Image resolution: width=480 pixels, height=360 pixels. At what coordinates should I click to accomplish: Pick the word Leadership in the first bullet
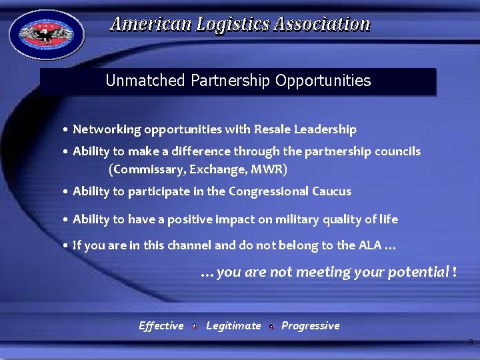pyautogui.click(x=327, y=129)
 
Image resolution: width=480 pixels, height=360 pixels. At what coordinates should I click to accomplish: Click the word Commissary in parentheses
pyautogui.click(x=147, y=169)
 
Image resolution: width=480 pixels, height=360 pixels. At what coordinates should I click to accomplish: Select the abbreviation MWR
pyautogui.click(x=267, y=169)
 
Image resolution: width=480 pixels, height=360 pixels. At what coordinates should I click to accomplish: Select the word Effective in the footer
pyautogui.click(x=161, y=325)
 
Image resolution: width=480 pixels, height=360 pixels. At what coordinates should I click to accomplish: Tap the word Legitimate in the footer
pyautogui.click(x=233, y=325)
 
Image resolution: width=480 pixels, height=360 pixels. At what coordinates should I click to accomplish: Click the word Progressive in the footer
pyautogui.click(x=310, y=325)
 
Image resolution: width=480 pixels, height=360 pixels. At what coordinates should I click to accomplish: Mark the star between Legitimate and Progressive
pyautogui.click(x=271, y=327)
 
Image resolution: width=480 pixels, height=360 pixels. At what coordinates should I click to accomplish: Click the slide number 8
pyautogui.click(x=471, y=343)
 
